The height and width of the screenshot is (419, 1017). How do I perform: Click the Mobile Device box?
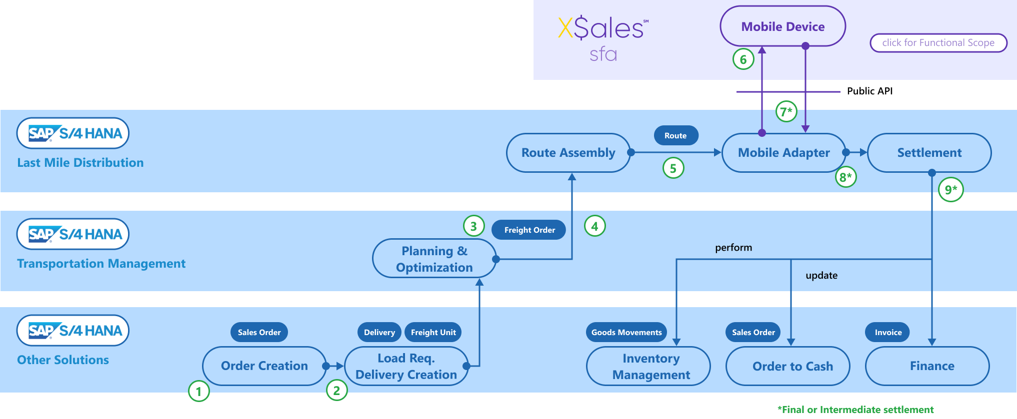782,26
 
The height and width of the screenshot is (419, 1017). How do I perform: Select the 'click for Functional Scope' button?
938,43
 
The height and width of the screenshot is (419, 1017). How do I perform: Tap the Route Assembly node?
568,153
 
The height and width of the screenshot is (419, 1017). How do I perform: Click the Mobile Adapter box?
783,153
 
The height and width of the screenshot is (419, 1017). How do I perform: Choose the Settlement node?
929,153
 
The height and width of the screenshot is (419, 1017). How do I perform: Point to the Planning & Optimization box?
434,259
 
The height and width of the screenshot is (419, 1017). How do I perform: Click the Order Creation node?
264,366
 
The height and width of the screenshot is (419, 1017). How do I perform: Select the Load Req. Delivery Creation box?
406,366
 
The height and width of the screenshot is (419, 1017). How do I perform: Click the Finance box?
931,366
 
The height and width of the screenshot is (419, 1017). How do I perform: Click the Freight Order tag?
529,230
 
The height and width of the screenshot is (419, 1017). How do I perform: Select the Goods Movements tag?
626,333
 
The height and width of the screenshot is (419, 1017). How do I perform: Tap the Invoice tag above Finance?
888,333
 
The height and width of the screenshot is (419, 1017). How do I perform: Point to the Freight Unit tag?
433,333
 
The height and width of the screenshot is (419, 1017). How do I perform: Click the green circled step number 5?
673,168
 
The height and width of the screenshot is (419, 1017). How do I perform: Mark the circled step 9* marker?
950,189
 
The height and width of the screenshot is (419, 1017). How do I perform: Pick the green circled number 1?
198,391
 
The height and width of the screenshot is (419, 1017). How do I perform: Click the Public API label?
869,91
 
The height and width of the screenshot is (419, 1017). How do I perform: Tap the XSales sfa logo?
603,38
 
